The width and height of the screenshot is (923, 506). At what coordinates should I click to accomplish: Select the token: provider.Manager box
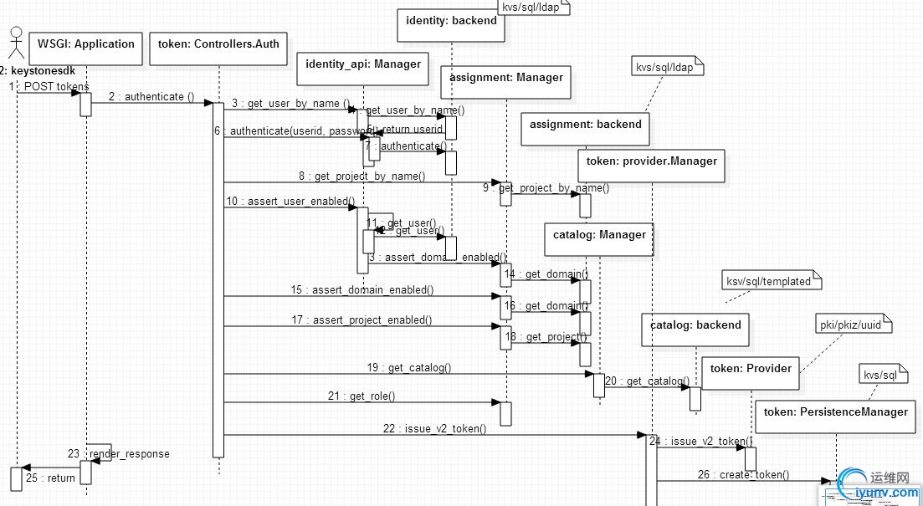click(651, 165)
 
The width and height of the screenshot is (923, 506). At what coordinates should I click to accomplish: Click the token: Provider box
click(751, 372)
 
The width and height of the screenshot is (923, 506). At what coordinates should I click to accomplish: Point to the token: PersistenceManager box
click(835, 416)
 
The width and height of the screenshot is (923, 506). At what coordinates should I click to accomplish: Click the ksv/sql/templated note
click(768, 282)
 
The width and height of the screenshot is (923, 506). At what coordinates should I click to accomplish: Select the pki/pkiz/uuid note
click(852, 325)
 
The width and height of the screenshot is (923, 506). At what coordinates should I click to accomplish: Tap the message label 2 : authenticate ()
click(151, 96)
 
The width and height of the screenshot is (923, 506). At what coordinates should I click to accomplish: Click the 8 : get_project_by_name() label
click(362, 176)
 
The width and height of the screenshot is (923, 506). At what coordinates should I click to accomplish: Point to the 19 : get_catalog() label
click(420, 367)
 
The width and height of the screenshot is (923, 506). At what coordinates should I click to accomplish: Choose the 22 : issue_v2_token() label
click(434, 428)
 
